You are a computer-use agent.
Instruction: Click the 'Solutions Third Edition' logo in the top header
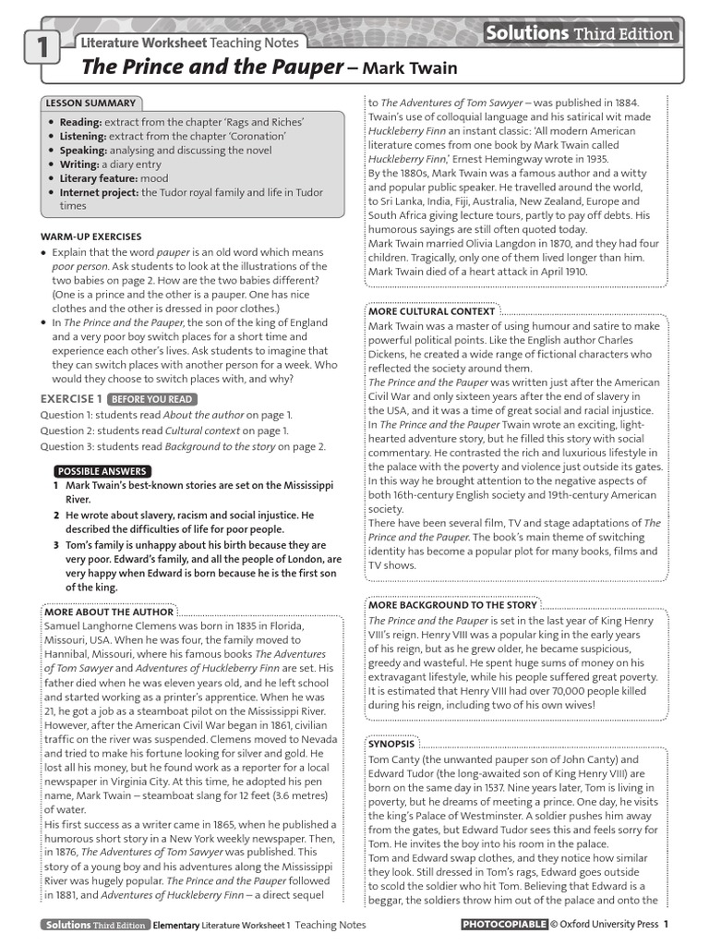pyautogui.click(x=581, y=34)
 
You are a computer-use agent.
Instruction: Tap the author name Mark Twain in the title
pyautogui.click(x=397, y=68)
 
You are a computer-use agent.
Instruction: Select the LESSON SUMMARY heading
pyautogui.click(x=90, y=103)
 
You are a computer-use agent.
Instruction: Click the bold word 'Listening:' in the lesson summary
pyautogui.click(x=80, y=136)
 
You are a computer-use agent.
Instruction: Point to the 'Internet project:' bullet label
pyautogui.click(x=99, y=192)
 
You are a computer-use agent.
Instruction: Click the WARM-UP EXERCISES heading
pyautogui.click(x=90, y=236)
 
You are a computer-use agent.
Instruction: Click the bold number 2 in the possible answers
pyautogui.click(x=56, y=515)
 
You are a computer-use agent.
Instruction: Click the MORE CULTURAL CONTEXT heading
pyautogui.click(x=432, y=311)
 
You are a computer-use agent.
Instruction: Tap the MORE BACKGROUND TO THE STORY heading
pyautogui.click(x=451, y=605)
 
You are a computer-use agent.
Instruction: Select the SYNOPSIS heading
pyautogui.click(x=391, y=743)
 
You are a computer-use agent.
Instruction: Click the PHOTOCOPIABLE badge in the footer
pyautogui.click(x=503, y=925)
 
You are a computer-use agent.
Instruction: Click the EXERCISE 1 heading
pyautogui.click(x=70, y=399)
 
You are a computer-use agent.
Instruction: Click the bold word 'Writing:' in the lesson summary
pyautogui.click(x=80, y=164)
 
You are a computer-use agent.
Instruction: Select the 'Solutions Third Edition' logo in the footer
pyautogui.click(x=93, y=925)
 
